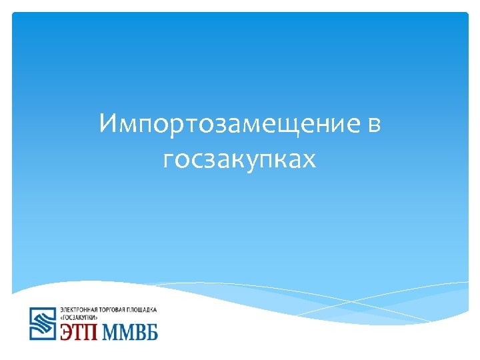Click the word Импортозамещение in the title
click(227, 125)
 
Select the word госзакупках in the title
click(239, 159)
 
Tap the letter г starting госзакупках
click(169, 160)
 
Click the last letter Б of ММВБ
click(152, 332)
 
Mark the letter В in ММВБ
click(139, 332)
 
